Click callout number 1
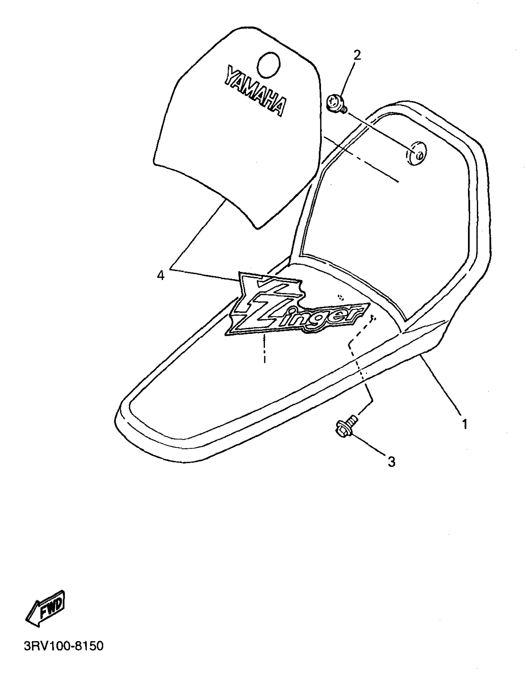pyautogui.click(x=465, y=424)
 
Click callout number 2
pyautogui.click(x=357, y=56)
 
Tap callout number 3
pyautogui.click(x=391, y=462)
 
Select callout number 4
pyautogui.click(x=161, y=275)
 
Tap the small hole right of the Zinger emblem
pyautogui.click(x=341, y=296)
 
